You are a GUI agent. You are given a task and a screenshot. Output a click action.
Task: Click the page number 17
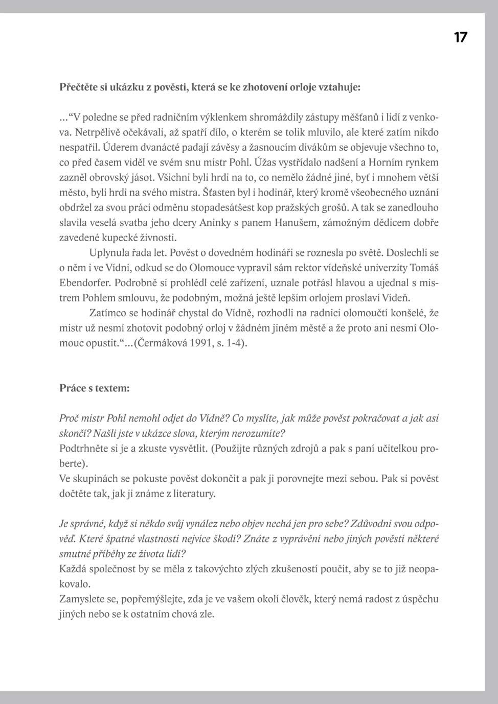[460, 37]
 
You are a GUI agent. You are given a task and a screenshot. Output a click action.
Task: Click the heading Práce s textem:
[95, 388]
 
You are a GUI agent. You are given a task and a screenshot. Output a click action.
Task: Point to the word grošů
[334, 207]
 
